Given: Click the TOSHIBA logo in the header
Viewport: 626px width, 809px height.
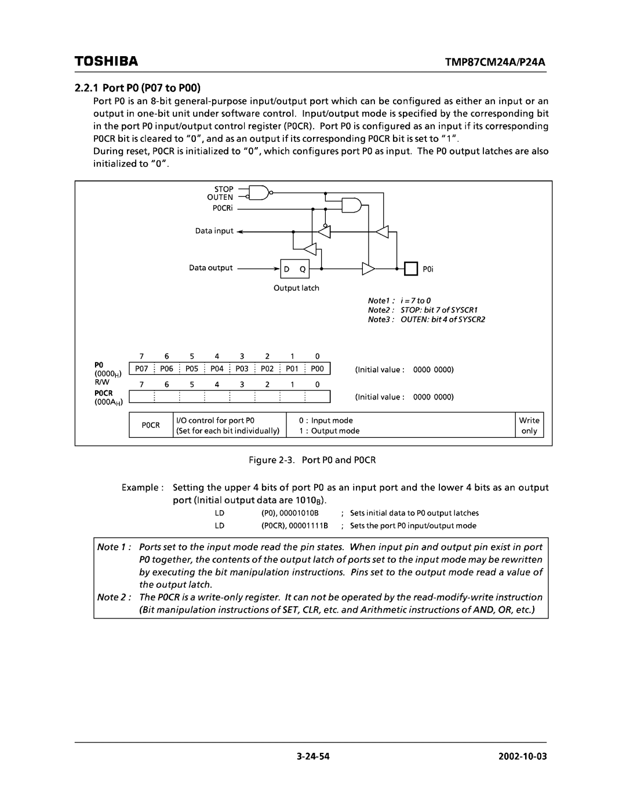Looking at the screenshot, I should click(106, 61).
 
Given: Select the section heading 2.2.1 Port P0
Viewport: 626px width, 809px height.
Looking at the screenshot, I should click(137, 89).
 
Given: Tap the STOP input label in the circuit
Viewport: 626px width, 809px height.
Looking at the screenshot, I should click(224, 189).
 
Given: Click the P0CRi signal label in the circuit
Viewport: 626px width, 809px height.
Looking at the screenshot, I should click(222, 207).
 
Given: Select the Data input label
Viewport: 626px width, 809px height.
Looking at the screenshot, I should click(214, 230).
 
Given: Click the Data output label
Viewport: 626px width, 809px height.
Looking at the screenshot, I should click(210, 268).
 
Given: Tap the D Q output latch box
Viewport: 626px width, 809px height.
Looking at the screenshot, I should click(294, 269).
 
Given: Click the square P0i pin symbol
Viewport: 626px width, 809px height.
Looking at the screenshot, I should click(410, 269).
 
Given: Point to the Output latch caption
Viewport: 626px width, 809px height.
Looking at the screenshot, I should click(296, 288).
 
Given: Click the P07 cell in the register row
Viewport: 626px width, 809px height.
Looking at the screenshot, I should click(141, 369).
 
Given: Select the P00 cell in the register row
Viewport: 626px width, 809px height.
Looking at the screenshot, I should click(317, 369).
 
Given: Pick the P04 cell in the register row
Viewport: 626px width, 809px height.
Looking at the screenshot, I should click(217, 369).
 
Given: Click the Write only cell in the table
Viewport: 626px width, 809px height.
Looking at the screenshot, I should click(529, 426).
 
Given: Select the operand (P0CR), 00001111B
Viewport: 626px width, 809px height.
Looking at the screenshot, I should click(294, 526).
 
